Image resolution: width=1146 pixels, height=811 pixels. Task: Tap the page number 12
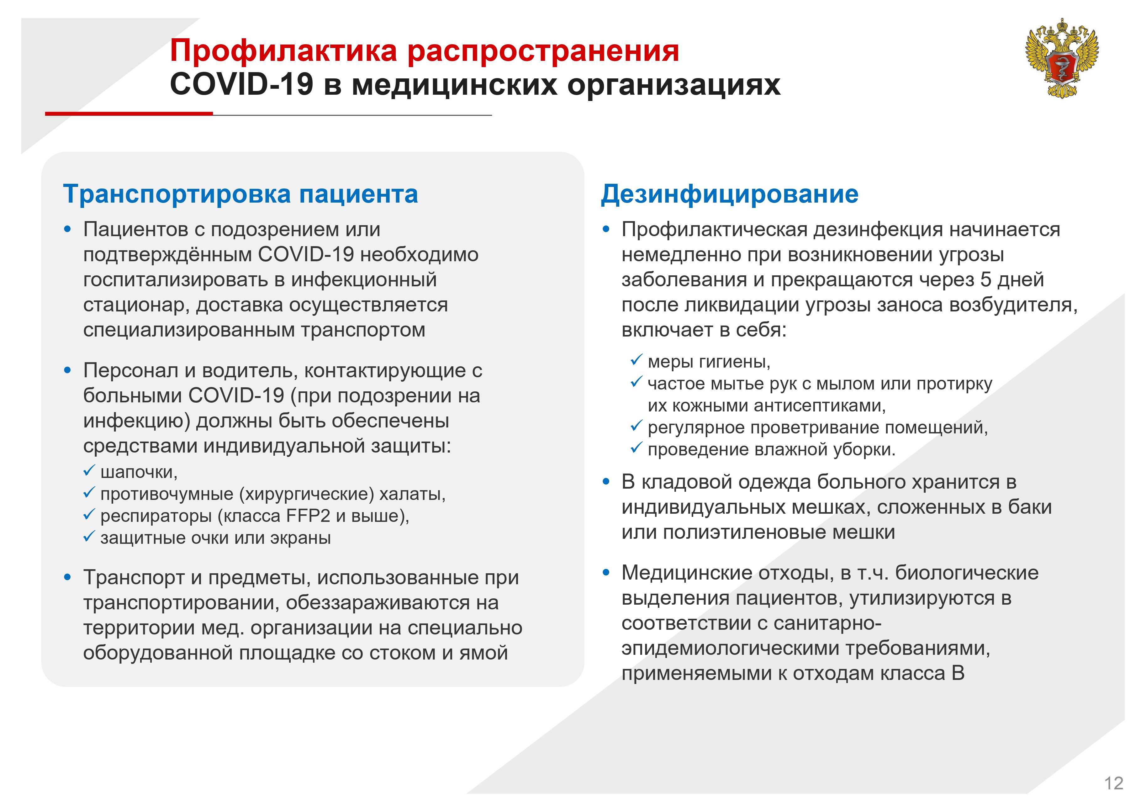tap(1114, 783)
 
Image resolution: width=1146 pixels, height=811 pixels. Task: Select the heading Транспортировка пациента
tap(240, 194)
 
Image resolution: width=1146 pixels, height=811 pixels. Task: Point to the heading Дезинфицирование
tap(730, 194)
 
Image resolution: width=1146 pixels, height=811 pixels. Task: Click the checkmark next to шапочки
tap(89, 470)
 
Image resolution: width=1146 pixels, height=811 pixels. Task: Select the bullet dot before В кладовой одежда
tap(606, 482)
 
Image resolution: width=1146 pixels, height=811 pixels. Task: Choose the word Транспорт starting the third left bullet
tap(134, 578)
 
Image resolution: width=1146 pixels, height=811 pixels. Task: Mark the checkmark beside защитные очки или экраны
tap(89, 536)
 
